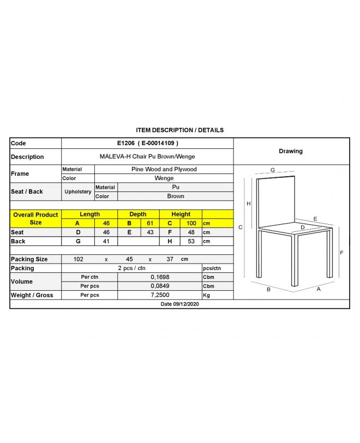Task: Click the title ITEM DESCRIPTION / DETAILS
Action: pyautogui.click(x=179, y=130)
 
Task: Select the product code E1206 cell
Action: pyautogui.click(x=147, y=143)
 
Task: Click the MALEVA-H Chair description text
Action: pyautogui.click(x=147, y=157)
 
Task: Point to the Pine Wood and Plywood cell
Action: pyautogui.click(x=164, y=170)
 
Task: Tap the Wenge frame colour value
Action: pyautogui.click(x=164, y=178)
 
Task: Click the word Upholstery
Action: pyautogui.click(x=78, y=192)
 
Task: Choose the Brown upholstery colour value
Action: pyautogui.click(x=176, y=196)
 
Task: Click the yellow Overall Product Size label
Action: pyautogui.click(x=35, y=219)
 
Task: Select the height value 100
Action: pyautogui.click(x=191, y=224)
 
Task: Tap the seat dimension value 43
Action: pyautogui.click(x=150, y=232)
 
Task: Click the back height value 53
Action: pyautogui.click(x=191, y=241)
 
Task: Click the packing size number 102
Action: pyautogui.click(x=78, y=259)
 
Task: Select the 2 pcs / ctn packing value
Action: pyautogui.click(x=131, y=268)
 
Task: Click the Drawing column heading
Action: pyautogui.click(x=291, y=151)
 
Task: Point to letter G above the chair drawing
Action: pyautogui.click(x=272, y=171)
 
